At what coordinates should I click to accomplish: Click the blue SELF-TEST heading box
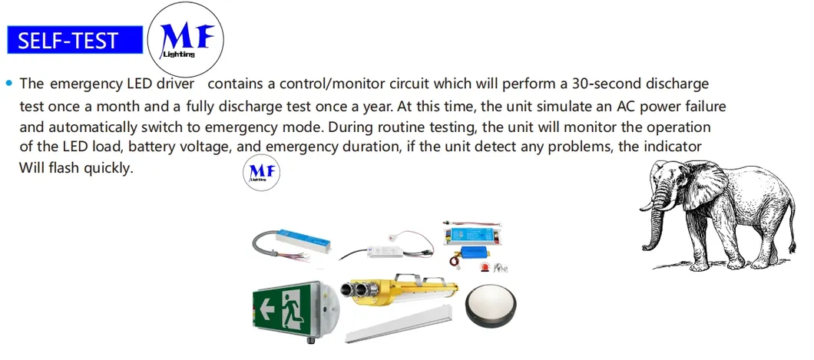click(74, 40)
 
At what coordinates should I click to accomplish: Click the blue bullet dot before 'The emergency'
click(9, 82)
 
